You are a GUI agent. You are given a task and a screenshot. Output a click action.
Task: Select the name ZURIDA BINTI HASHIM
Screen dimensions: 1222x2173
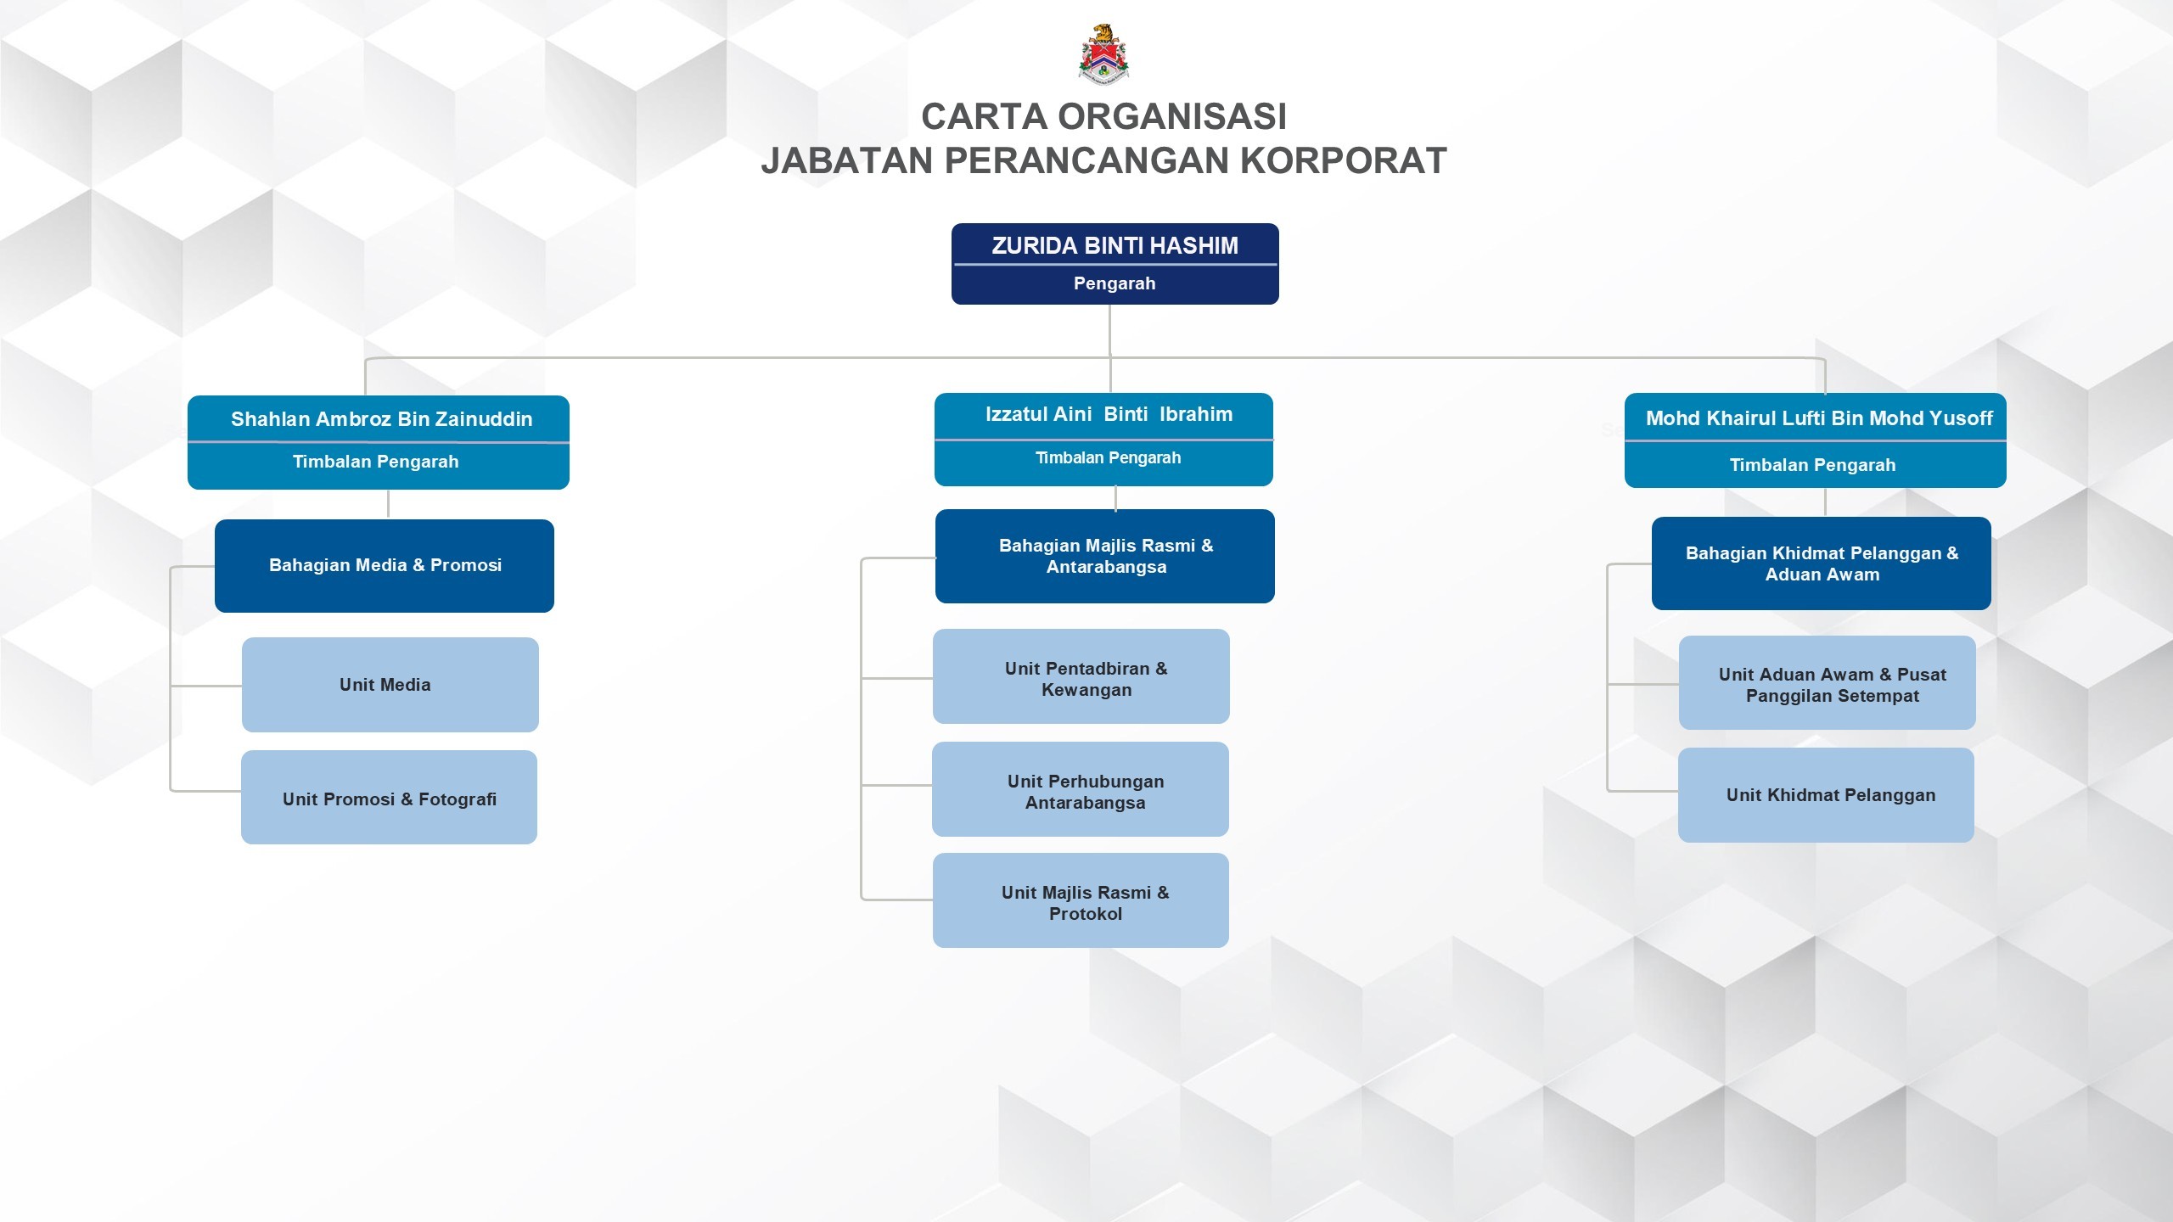pyautogui.click(x=1115, y=246)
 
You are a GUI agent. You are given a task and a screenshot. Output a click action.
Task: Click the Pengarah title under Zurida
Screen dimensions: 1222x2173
pyautogui.click(x=1115, y=283)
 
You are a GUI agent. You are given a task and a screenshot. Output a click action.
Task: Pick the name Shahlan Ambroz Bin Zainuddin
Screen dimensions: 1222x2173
pyautogui.click(x=381, y=419)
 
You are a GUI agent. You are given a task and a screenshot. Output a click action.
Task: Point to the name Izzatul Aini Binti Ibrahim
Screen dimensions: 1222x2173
pyautogui.click(x=1109, y=415)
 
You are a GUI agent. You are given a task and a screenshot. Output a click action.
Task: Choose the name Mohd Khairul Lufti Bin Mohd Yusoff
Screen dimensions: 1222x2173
pyautogui.click(x=1818, y=418)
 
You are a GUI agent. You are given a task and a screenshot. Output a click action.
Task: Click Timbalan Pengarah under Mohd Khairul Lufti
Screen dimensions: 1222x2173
pyautogui.click(x=1812, y=465)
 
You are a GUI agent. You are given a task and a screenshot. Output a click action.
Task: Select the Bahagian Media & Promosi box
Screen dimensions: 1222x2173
pyautogui.click(x=385, y=565)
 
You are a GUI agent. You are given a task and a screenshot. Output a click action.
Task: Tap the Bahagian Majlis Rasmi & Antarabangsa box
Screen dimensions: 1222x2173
pyautogui.click(x=1105, y=557)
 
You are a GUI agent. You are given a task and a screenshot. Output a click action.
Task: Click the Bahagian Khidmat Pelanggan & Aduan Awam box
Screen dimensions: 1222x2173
pyautogui.click(x=1822, y=563)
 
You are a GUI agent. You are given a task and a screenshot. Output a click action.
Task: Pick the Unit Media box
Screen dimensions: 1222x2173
pyautogui.click(x=390, y=685)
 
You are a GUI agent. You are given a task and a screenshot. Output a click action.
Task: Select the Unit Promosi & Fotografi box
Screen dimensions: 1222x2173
pyautogui.click(x=389, y=798)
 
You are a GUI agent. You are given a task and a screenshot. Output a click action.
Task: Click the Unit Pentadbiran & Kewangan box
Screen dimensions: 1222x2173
pyautogui.click(x=1081, y=677)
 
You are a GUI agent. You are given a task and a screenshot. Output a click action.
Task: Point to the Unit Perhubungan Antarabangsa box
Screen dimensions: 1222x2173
pyautogui.click(x=1081, y=790)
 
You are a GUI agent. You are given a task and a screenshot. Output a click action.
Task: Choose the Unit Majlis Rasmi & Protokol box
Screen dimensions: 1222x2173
pyautogui.click(x=1081, y=901)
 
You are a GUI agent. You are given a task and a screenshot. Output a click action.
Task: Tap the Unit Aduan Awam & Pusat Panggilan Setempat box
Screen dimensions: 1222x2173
pyautogui.click(x=1828, y=683)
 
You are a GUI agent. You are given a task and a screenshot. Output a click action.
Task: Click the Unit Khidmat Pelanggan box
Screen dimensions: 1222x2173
pyautogui.click(x=1826, y=795)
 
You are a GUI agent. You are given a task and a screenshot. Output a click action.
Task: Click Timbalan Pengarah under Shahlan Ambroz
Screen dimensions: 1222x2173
pyautogui.click(x=375, y=462)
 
